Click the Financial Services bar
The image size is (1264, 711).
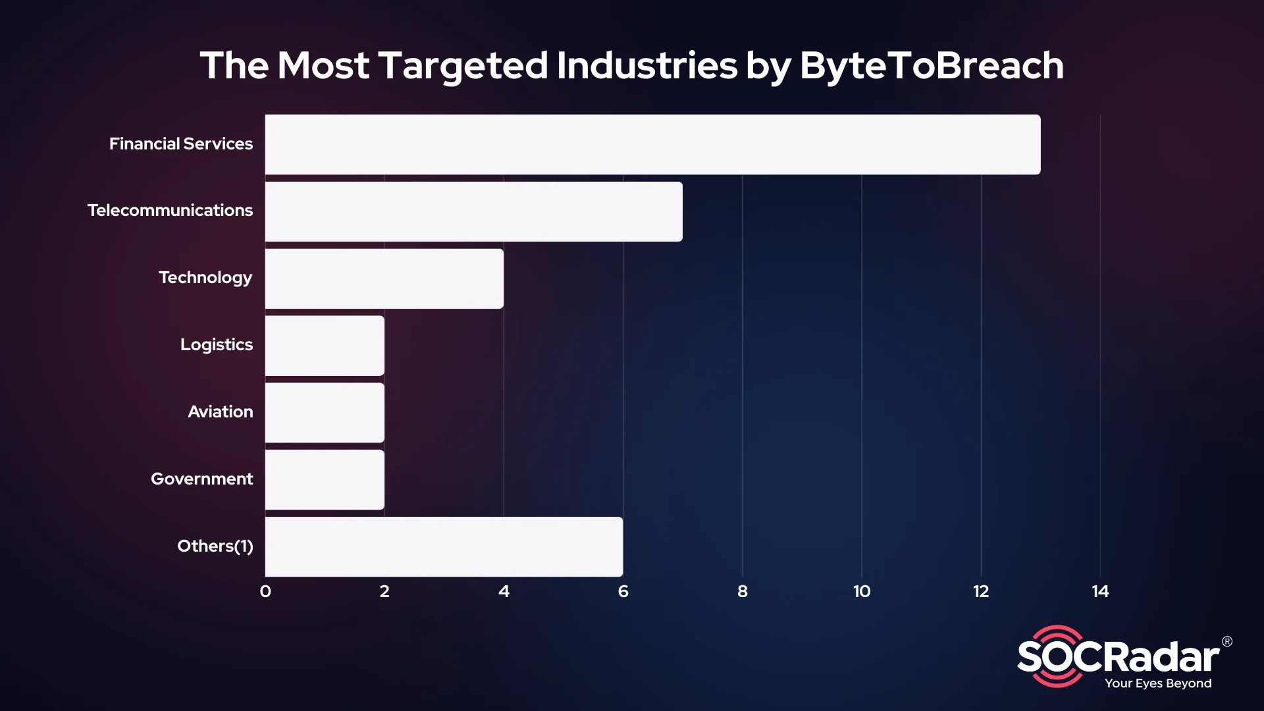pyautogui.click(x=652, y=144)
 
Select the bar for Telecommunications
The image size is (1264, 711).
pyautogui.click(x=473, y=211)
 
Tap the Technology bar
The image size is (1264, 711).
pyautogui.click(x=384, y=278)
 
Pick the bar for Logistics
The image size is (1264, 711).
pyautogui.click(x=325, y=346)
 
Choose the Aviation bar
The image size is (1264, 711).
pyautogui.click(x=325, y=413)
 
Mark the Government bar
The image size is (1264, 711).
pyautogui.click(x=325, y=480)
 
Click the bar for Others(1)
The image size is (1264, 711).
pyautogui.click(x=444, y=546)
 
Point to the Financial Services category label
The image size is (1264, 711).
pyautogui.click(x=180, y=144)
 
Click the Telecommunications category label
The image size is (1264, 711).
pyautogui.click(x=170, y=211)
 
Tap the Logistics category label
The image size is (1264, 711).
pyautogui.click(x=216, y=345)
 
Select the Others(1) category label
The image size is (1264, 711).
pyautogui.click(x=215, y=546)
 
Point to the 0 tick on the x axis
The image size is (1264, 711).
pyautogui.click(x=265, y=591)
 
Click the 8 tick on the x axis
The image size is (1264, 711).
pyautogui.click(x=743, y=591)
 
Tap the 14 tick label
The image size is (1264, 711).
pyautogui.click(x=1100, y=591)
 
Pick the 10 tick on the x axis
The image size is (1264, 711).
pyautogui.click(x=862, y=591)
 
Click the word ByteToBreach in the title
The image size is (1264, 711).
pyautogui.click(x=932, y=66)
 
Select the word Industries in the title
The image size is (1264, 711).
pyautogui.click(x=646, y=66)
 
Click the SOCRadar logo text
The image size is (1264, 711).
pyautogui.click(x=1119, y=657)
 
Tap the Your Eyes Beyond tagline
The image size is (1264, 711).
pyautogui.click(x=1158, y=683)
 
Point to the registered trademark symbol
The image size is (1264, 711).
pyautogui.click(x=1227, y=641)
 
